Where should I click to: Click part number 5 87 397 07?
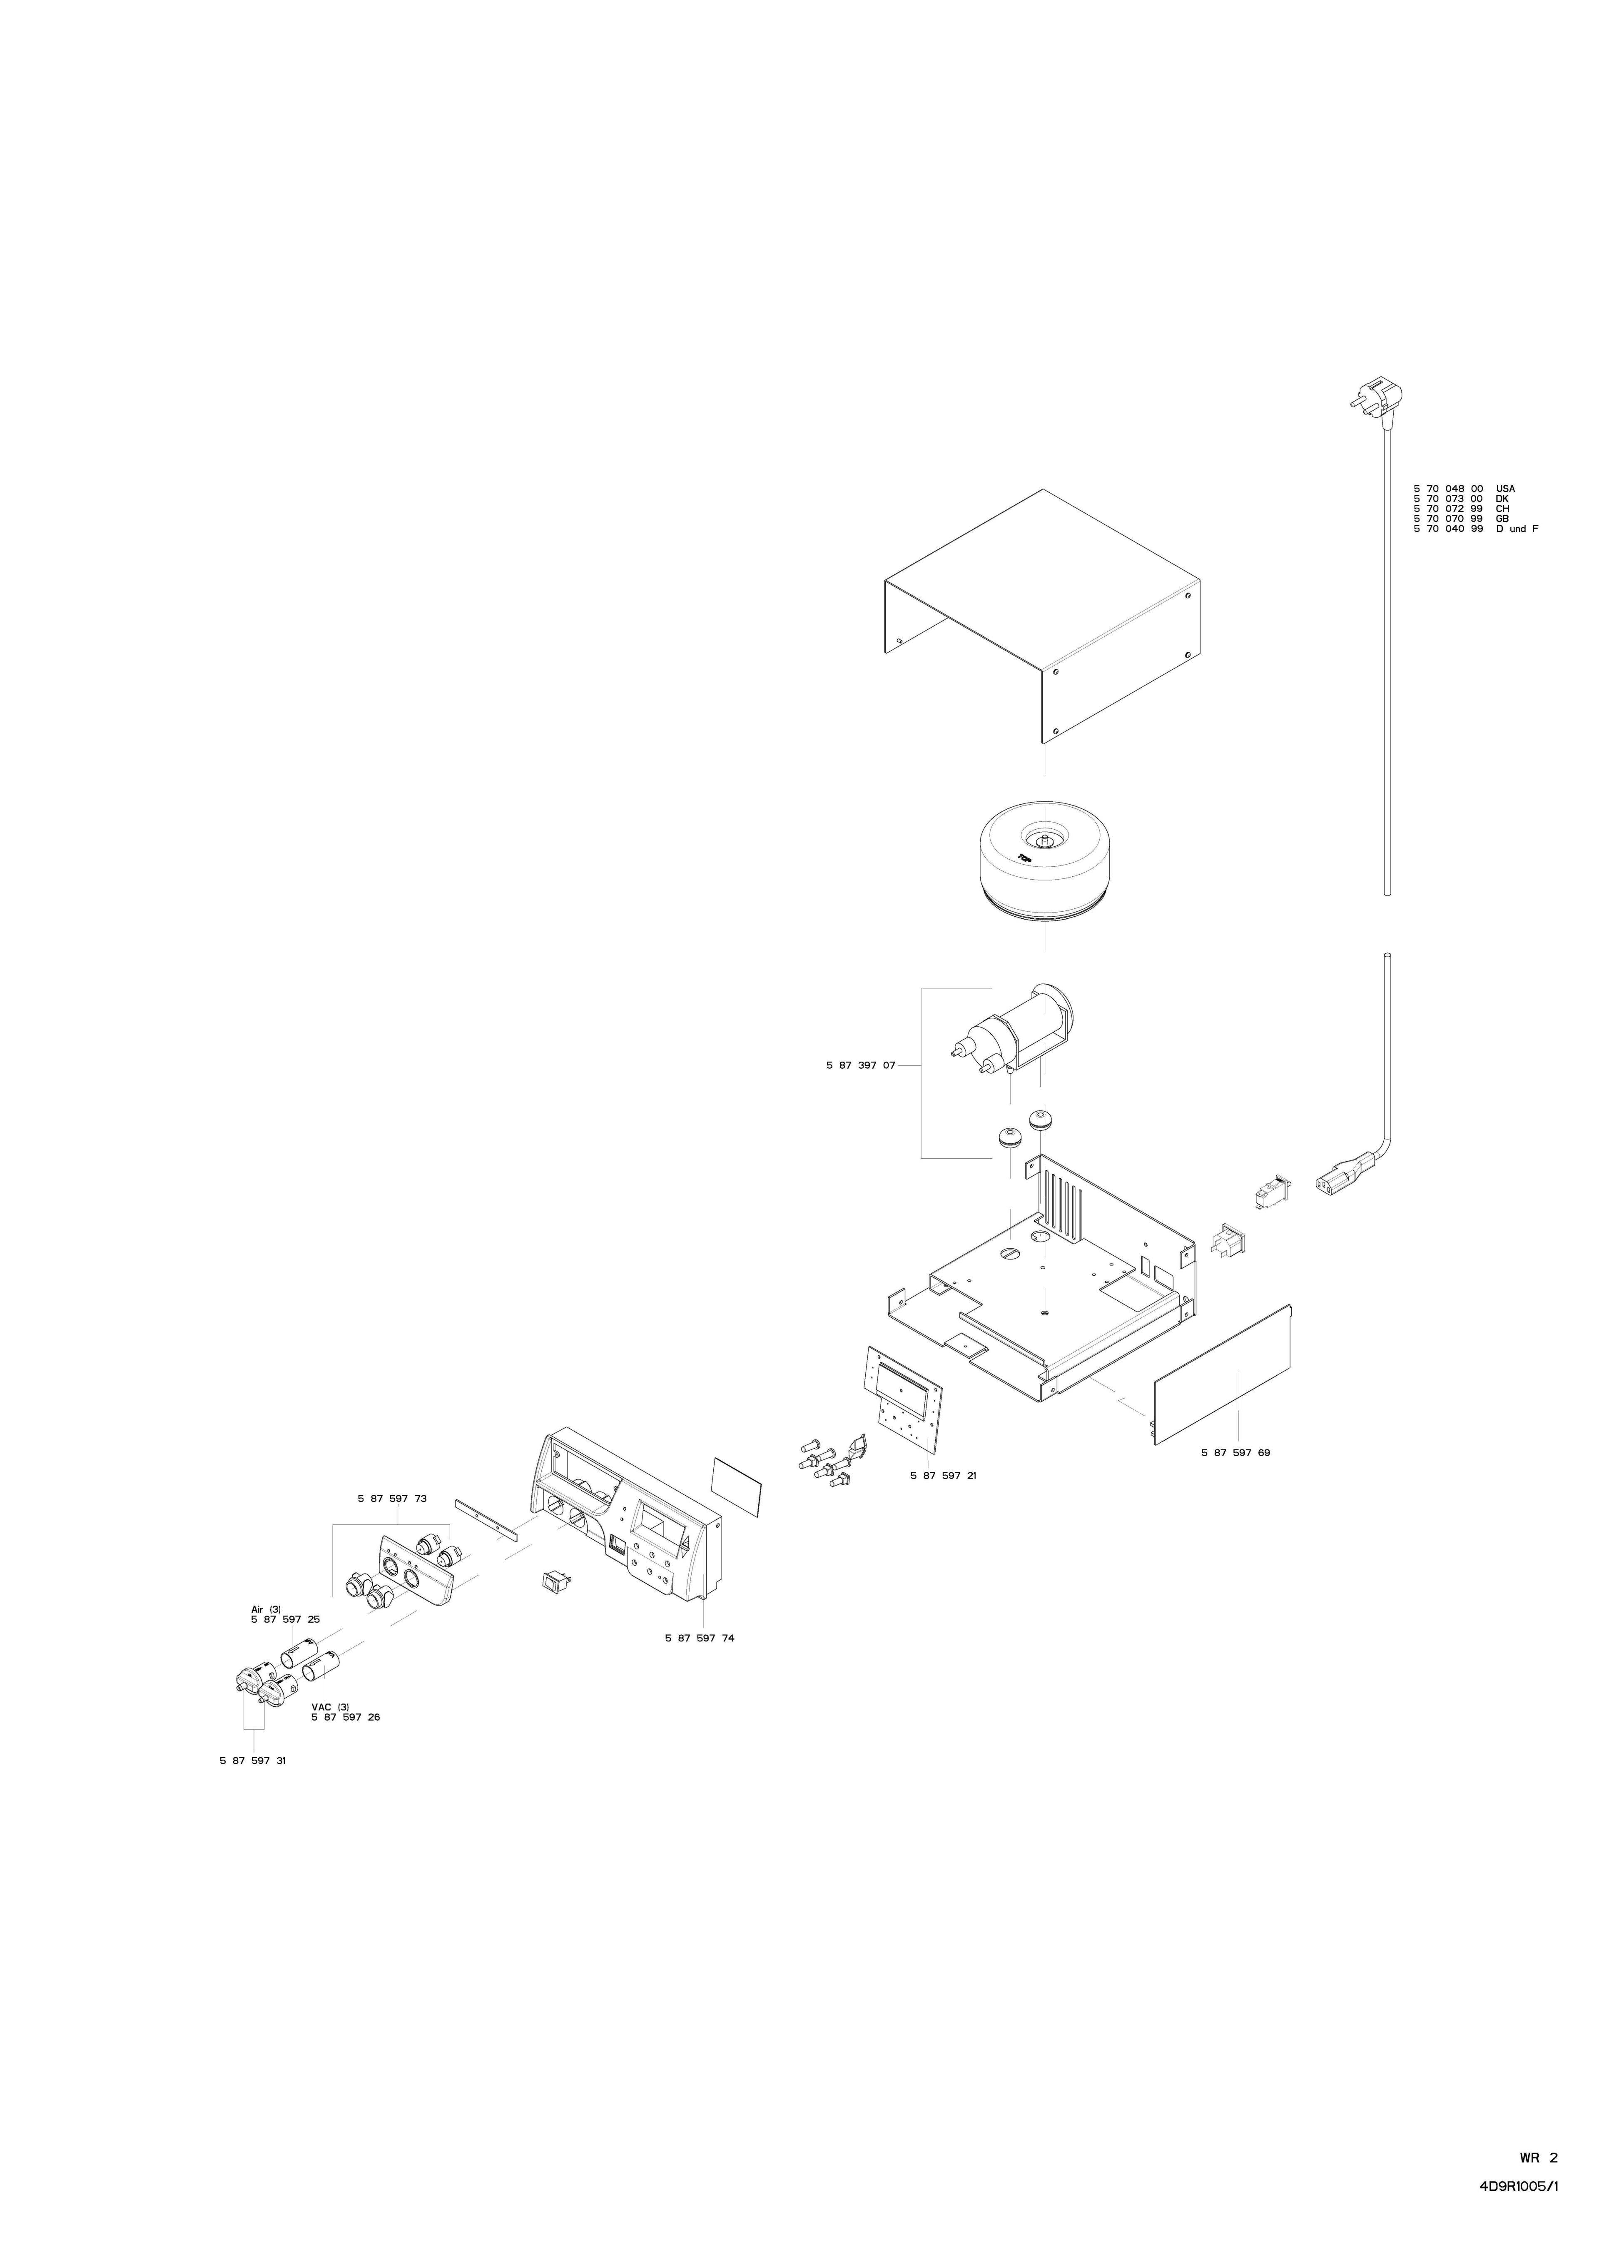tap(860, 1065)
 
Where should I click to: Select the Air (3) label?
tap(266, 1609)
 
